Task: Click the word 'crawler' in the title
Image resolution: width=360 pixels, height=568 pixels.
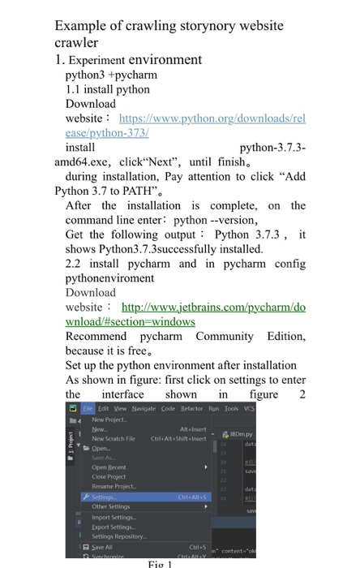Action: pos(77,42)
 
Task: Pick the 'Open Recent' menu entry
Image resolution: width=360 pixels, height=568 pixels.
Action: pos(110,467)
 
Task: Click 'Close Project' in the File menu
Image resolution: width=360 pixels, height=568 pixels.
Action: pos(110,476)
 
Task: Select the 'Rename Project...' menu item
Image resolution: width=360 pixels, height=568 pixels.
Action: pos(114,485)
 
